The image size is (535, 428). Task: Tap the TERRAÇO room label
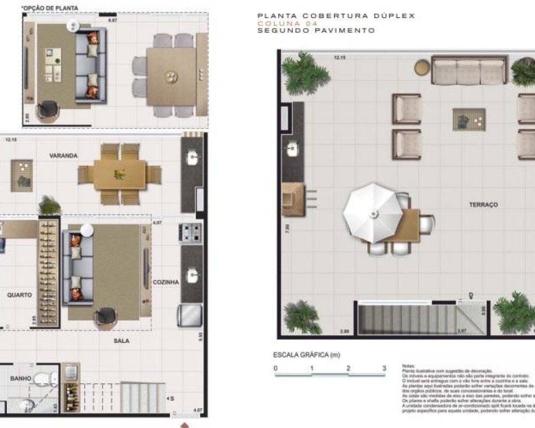(484, 205)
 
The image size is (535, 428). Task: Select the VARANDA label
(64, 156)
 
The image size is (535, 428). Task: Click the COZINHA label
(165, 282)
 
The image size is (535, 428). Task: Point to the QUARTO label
(19, 295)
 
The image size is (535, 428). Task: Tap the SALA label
(121, 341)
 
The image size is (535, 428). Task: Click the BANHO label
(21, 379)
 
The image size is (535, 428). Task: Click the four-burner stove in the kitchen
(191, 233)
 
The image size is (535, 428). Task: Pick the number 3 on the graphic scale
(384, 368)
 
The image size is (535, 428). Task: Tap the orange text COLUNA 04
(287, 24)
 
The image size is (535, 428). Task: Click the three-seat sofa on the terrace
(469, 71)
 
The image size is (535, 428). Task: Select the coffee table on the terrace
(469, 119)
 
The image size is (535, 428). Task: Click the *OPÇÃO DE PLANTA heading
(49, 8)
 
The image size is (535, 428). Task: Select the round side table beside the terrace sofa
(422, 67)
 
